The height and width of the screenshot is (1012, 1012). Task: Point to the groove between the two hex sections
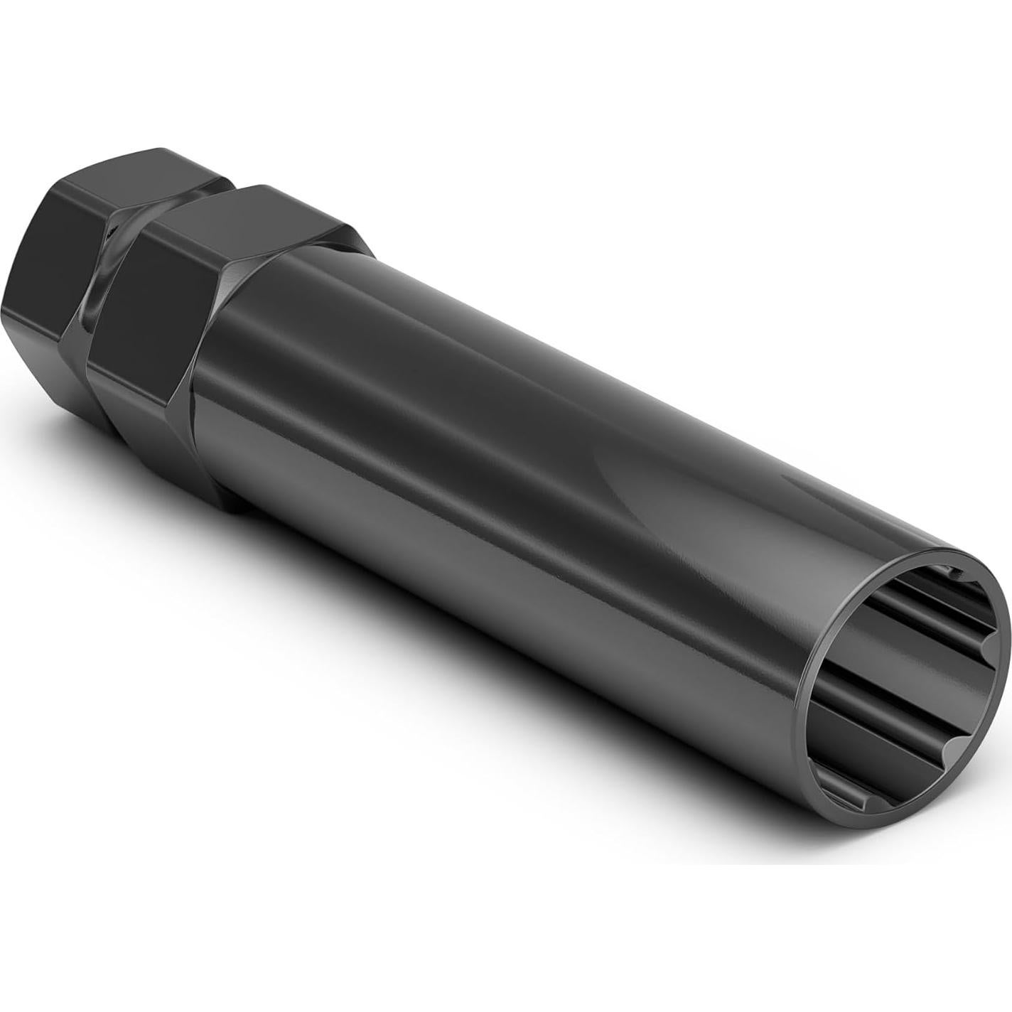[x=107, y=298]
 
